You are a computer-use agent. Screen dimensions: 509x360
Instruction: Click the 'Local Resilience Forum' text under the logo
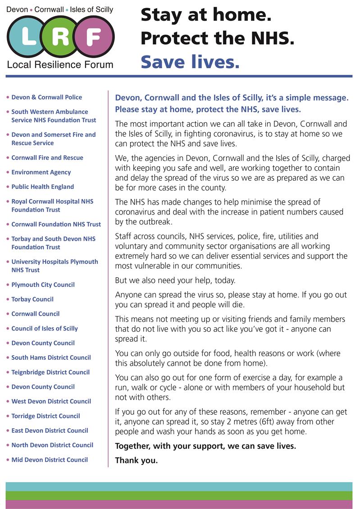click(x=60, y=64)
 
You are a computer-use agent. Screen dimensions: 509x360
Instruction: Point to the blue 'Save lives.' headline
click(x=190, y=62)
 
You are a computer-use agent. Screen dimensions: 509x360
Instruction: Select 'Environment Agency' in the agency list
click(x=41, y=172)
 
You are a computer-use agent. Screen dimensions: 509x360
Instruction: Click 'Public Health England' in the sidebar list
click(x=42, y=187)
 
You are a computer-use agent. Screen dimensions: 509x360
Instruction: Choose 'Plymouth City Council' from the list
click(x=43, y=284)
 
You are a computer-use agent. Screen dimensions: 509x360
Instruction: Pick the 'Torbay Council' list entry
click(x=32, y=299)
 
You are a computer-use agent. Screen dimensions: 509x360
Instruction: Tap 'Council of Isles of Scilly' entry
click(x=45, y=328)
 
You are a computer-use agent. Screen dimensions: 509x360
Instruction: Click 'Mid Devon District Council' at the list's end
click(x=50, y=459)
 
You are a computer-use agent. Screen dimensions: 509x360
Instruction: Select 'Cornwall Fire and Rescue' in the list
click(x=47, y=157)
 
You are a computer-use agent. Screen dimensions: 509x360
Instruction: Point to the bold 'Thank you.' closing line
click(x=137, y=460)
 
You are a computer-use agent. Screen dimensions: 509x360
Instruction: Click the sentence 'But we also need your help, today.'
click(x=175, y=280)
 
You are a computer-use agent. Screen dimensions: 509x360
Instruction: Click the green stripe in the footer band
click(x=179, y=495)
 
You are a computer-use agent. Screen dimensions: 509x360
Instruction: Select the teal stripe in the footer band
click(x=179, y=486)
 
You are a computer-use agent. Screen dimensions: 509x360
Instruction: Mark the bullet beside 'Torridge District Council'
click(x=7, y=416)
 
